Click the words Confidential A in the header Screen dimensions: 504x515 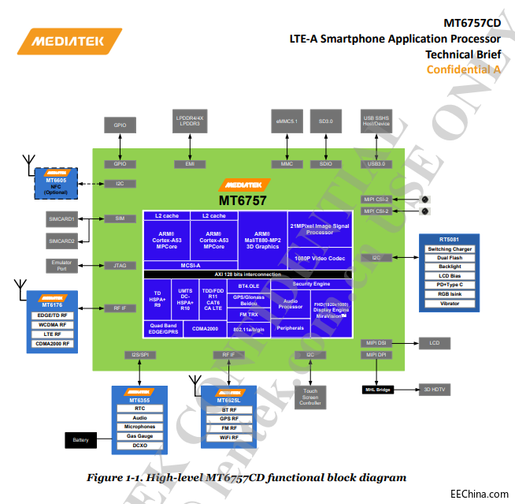pyautogui.click(x=463, y=69)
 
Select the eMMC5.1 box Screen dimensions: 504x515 pyautogui.click(x=287, y=122)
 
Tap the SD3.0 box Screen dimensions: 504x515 pyautogui.click(x=320, y=122)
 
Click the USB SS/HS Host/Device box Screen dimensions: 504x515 pyautogui.click(x=376, y=122)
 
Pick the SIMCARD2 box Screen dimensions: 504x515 pyautogui.click(x=61, y=241)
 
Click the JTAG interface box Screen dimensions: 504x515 pyautogui.click(x=120, y=265)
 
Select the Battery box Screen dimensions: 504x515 pyautogui.click(x=80, y=439)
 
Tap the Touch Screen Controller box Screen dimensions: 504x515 pyautogui.click(x=310, y=397)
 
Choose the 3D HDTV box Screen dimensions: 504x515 pyautogui.click(x=434, y=390)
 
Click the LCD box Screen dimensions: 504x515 pyautogui.click(x=434, y=343)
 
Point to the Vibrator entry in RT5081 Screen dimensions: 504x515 pyautogui.click(x=450, y=303)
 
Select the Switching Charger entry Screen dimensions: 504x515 pyautogui.click(x=450, y=249)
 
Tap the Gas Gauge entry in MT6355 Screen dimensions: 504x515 pyautogui.click(x=139, y=436)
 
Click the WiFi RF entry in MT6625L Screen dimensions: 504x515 pyautogui.click(x=229, y=437)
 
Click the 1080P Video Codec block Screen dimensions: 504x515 pyautogui.click(x=320, y=259)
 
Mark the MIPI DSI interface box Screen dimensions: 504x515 pyautogui.click(x=375, y=343)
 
